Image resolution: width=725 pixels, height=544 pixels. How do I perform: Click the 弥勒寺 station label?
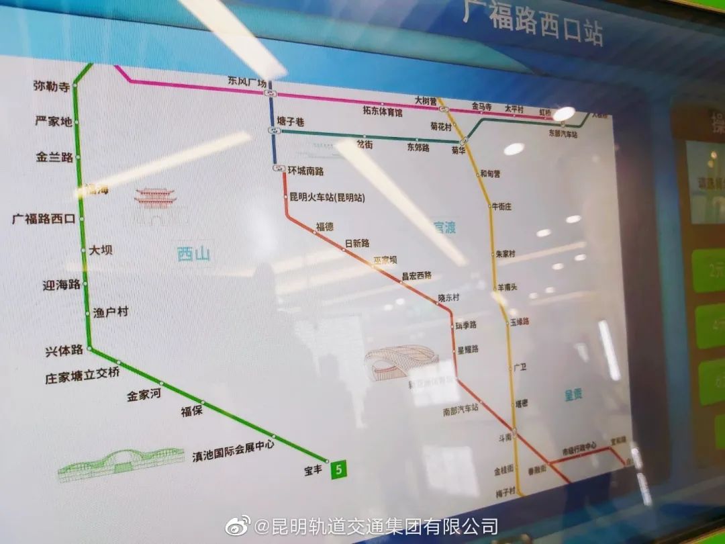coord(52,86)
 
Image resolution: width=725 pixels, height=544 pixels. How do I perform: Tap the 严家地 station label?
coord(53,122)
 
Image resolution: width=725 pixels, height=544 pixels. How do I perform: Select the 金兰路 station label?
coord(54,157)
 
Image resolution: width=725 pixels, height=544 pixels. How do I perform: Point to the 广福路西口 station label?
coord(44,218)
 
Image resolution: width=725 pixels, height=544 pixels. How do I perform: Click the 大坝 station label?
coord(101,250)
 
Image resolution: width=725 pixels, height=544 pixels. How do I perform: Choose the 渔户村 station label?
coord(111,312)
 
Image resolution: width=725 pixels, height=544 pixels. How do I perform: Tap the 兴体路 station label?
coord(64,351)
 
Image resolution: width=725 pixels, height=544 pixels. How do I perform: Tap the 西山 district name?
coord(193,254)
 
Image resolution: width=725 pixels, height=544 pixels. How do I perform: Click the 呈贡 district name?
coord(573,396)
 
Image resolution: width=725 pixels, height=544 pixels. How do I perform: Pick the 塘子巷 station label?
coord(291,122)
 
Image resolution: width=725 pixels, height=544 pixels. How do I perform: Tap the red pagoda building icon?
coord(155,197)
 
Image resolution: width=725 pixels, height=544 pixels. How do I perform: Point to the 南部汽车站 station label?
coord(460,408)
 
